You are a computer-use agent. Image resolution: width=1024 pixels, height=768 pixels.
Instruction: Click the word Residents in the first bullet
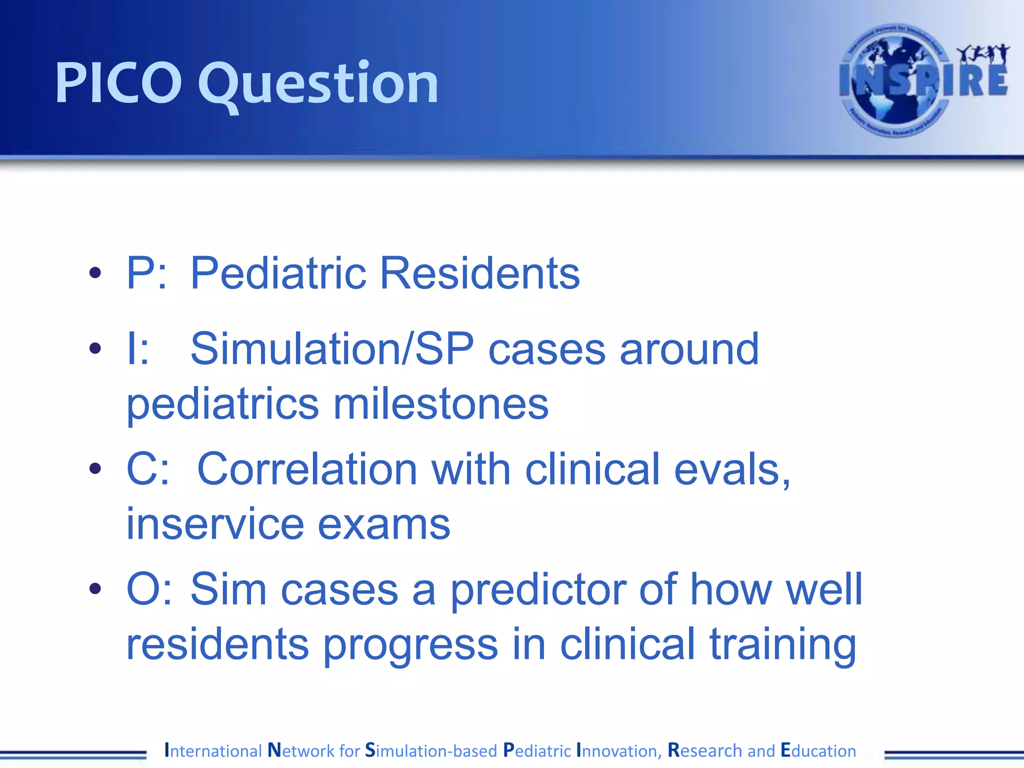pyautogui.click(x=480, y=273)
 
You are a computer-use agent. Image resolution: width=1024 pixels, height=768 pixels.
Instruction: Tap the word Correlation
pyautogui.click(x=307, y=469)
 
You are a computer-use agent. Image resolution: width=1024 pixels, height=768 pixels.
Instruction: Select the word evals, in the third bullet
pyautogui.click(x=732, y=469)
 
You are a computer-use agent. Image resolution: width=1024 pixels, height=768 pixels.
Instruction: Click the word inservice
pyautogui.click(x=215, y=524)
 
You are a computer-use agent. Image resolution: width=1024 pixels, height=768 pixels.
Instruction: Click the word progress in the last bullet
pyautogui.click(x=410, y=645)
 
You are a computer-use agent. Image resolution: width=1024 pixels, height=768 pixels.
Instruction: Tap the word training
pyautogui.click(x=783, y=645)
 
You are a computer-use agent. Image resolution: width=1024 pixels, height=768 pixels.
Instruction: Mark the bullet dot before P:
pyautogui.click(x=95, y=273)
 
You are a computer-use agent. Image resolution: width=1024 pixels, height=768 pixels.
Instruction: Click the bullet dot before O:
pyautogui.click(x=95, y=589)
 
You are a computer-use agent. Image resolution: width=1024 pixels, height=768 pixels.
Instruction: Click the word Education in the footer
pyautogui.click(x=818, y=750)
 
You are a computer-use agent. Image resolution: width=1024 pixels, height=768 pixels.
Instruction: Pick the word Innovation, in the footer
pyautogui.click(x=619, y=750)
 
